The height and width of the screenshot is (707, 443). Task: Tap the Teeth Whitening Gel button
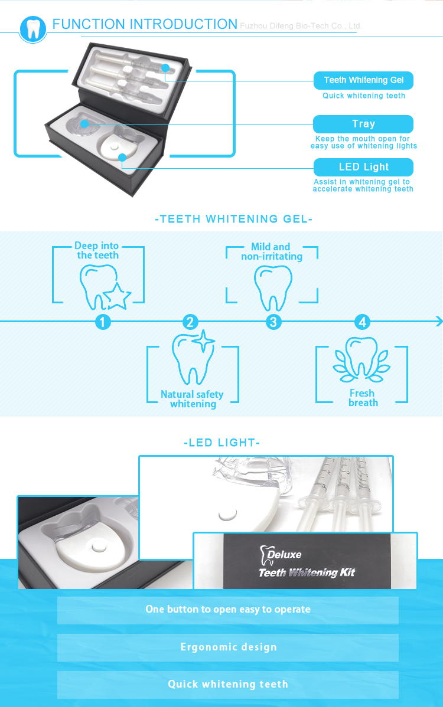(363, 80)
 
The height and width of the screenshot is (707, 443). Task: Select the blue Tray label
(363, 124)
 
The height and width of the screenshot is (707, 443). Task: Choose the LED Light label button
(363, 167)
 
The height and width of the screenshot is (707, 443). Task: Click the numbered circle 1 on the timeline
(103, 322)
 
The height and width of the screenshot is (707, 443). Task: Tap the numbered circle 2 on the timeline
(190, 322)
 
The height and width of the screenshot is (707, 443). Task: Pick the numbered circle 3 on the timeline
(273, 322)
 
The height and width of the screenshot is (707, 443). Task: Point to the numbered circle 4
(362, 322)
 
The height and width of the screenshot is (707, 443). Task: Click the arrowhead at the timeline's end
(438, 322)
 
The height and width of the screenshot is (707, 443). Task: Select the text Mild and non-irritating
(271, 251)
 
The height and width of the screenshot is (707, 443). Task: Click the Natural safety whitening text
(193, 399)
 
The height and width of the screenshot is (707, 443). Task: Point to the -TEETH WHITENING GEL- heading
(233, 219)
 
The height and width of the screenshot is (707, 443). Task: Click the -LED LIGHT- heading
(222, 443)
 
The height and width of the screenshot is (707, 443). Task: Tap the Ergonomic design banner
(228, 647)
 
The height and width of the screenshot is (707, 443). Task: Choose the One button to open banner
(228, 609)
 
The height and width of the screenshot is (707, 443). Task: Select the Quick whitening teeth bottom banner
(228, 684)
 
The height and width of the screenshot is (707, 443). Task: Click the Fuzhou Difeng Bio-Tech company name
(300, 26)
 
